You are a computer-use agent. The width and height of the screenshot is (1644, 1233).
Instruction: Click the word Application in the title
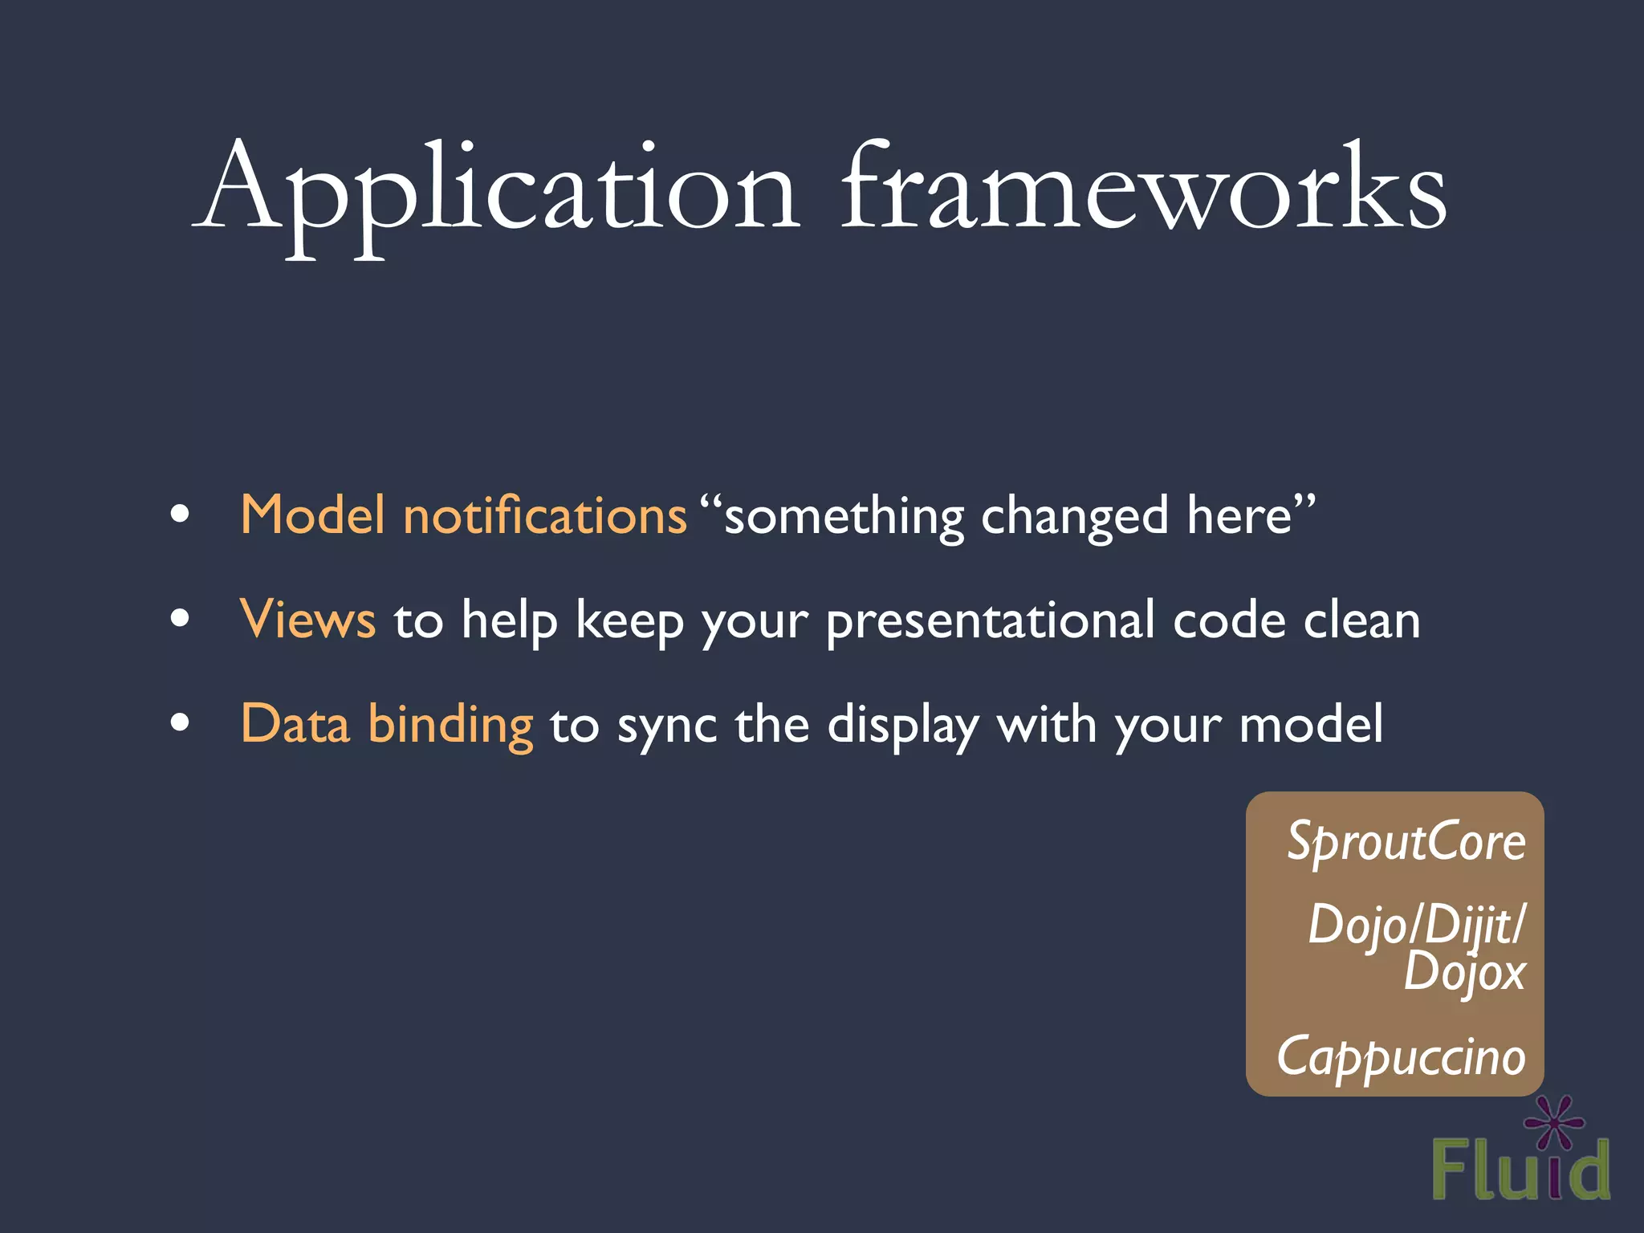click(x=498, y=193)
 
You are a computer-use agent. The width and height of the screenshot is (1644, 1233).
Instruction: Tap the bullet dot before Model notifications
click(x=181, y=515)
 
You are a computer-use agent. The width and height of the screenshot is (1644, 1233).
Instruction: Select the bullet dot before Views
click(x=181, y=619)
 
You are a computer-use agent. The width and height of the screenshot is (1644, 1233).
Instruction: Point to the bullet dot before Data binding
click(x=181, y=722)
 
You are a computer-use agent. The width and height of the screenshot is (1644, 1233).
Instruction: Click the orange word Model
click(x=312, y=515)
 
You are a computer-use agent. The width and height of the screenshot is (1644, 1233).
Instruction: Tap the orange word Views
click(x=307, y=620)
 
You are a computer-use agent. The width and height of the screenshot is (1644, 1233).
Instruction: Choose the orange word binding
click(x=450, y=725)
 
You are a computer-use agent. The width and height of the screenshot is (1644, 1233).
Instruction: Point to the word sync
click(x=666, y=726)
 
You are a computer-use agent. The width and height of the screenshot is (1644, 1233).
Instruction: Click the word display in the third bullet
click(x=902, y=726)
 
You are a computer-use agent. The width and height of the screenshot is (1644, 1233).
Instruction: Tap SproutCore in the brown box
click(x=1406, y=842)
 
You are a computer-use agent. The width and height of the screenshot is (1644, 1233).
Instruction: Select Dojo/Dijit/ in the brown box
click(x=1416, y=925)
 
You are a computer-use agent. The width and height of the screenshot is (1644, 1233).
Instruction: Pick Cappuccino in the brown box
click(x=1401, y=1058)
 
